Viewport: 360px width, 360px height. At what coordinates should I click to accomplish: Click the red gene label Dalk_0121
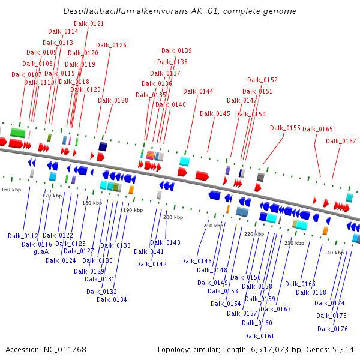89,23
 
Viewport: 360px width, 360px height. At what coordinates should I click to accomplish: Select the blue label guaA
41,252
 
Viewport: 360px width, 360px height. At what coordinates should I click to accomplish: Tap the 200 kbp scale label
173,217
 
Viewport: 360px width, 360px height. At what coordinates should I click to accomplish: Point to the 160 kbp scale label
11,190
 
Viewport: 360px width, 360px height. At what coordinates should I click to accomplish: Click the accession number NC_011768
65,350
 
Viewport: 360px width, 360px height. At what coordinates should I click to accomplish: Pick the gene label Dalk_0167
341,141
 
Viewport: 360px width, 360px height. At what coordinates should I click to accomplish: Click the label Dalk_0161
259,336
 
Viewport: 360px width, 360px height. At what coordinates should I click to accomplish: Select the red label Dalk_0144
198,91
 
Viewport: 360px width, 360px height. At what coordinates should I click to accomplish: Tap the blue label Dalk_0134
112,299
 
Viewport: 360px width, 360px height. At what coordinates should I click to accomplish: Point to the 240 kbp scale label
334,253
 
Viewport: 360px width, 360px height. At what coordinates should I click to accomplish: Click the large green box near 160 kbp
18,133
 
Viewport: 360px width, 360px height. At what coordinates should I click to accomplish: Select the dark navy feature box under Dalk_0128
103,146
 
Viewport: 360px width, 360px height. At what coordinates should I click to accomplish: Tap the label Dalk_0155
285,128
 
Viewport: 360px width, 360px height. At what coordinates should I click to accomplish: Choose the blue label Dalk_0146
196,261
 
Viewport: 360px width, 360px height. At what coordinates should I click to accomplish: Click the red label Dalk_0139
176,50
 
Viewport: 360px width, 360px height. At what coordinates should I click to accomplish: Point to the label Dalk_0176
332,329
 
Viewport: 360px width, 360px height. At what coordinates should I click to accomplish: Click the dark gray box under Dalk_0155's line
260,177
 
